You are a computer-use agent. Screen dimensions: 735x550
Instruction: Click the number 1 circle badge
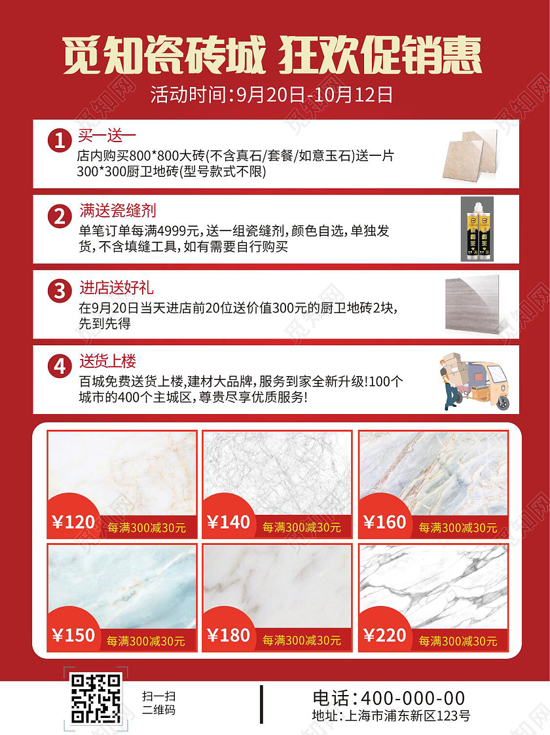[60, 141]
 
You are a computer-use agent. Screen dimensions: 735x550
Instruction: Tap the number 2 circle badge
[60, 216]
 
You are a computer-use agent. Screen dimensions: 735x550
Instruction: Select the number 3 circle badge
[60, 290]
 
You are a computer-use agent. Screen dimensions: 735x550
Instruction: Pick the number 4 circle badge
[60, 366]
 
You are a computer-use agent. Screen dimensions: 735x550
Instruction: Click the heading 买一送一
[107, 137]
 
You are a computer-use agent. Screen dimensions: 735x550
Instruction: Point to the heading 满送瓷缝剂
[117, 212]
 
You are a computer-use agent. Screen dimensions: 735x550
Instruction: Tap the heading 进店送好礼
[117, 287]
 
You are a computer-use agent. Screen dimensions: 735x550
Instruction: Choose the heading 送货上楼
[107, 362]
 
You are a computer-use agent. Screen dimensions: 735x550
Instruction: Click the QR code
[96, 700]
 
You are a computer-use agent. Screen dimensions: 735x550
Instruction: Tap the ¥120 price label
[73, 522]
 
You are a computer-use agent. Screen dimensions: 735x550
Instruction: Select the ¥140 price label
[229, 522]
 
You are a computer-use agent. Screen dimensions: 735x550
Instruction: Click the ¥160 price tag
[385, 522]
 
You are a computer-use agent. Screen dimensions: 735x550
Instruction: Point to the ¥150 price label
[73, 635]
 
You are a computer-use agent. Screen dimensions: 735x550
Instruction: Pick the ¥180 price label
[229, 635]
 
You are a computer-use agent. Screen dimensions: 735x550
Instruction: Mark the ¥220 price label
[385, 635]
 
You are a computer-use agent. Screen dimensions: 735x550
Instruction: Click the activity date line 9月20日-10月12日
[272, 96]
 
